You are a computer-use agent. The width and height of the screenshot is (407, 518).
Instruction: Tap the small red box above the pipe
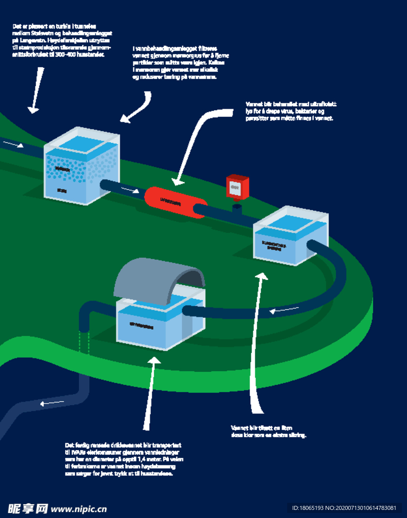click(x=237, y=187)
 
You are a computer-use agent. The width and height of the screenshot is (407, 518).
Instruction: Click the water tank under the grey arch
click(x=154, y=324)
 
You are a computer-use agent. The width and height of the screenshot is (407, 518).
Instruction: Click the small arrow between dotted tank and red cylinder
click(x=130, y=190)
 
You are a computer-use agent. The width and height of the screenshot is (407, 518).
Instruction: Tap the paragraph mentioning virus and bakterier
click(x=290, y=111)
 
